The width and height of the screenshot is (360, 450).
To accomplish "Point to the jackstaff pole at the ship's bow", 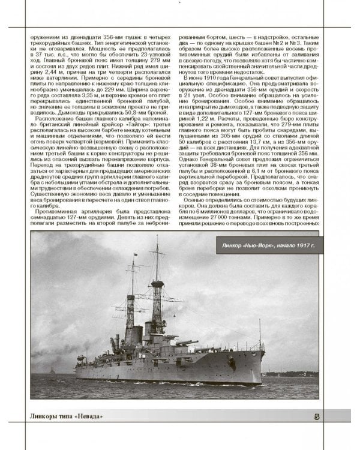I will tap(259, 333).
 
